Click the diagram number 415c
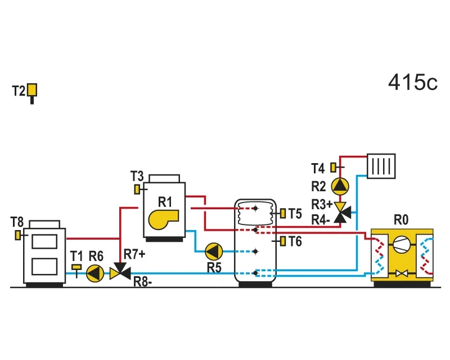click(x=413, y=82)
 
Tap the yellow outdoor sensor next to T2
click(x=32, y=90)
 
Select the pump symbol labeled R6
click(x=95, y=273)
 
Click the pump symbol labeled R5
click(x=214, y=251)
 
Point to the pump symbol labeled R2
click(x=340, y=186)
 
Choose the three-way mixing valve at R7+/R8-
click(x=120, y=272)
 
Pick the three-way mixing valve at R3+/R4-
click(x=342, y=212)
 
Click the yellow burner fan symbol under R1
click(x=163, y=219)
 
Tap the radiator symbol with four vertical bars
click(x=381, y=166)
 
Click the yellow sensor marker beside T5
click(x=283, y=213)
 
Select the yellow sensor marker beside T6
click(x=283, y=241)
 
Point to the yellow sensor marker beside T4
click(x=333, y=168)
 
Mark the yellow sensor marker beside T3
click(x=137, y=189)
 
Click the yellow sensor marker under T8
click(x=18, y=235)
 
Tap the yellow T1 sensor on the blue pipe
click(x=76, y=267)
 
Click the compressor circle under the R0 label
click(x=402, y=245)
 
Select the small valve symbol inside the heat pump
click(x=402, y=273)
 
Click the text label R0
click(x=401, y=220)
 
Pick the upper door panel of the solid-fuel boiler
click(x=44, y=241)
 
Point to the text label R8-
click(x=143, y=282)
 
